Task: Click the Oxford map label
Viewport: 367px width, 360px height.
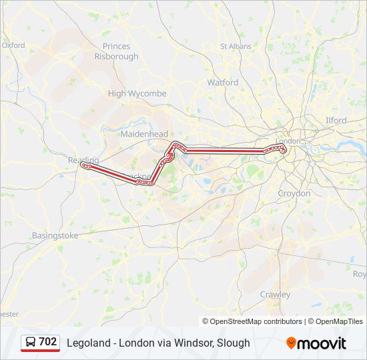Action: (x=13, y=45)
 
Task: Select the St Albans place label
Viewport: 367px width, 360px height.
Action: (x=236, y=47)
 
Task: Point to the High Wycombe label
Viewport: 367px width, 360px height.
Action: (x=137, y=94)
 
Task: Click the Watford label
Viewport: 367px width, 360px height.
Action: (x=223, y=83)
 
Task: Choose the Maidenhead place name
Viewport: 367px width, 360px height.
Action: (x=144, y=134)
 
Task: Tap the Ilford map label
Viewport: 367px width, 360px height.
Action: (x=336, y=121)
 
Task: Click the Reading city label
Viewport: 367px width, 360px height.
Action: (x=83, y=160)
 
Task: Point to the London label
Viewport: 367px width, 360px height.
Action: (x=288, y=141)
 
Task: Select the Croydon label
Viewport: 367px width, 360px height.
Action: (x=294, y=193)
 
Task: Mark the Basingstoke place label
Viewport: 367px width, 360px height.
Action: (x=55, y=236)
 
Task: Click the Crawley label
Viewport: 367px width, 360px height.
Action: (x=275, y=294)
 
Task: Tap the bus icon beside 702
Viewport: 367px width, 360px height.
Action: (x=31, y=342)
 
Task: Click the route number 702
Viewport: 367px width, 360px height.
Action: (x=48, y=342)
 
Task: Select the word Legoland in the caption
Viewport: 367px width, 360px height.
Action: (x=87, y=343)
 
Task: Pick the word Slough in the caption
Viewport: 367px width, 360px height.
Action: (x=234, y=343)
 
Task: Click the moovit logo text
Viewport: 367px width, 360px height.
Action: (x=322, y=343)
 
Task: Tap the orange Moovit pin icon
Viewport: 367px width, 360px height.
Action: (x=291, y=343)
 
